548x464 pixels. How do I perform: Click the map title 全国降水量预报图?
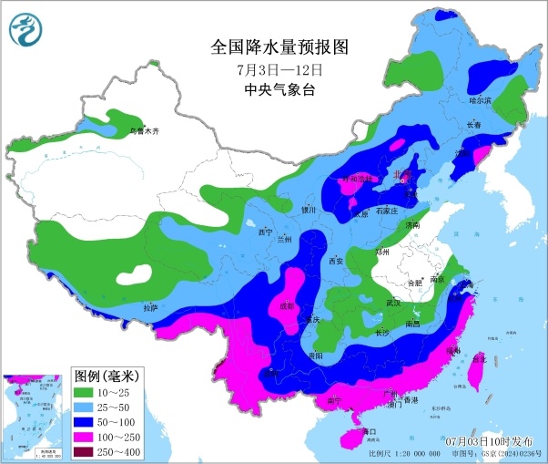point(279,46)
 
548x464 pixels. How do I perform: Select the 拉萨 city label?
point(151,307)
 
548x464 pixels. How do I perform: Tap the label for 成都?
point(289,306)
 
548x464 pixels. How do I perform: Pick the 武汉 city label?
point(392,303)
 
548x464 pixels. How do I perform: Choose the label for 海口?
point(367,430)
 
